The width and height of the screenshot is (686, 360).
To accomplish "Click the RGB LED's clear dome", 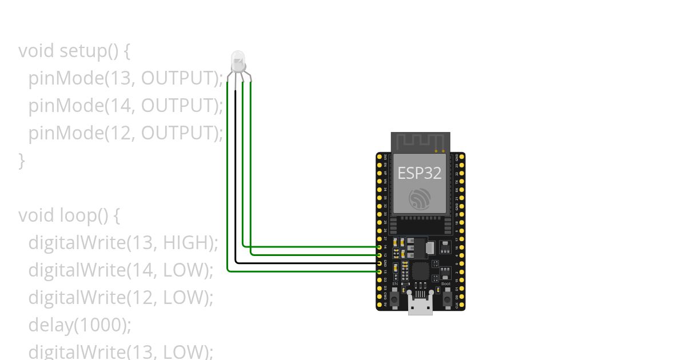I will coord(237,59).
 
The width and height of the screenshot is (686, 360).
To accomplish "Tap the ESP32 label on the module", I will coord(420,173).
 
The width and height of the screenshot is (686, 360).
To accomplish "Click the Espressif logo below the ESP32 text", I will coord(420,198).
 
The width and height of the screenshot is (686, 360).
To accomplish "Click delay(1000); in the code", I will coord(79,325).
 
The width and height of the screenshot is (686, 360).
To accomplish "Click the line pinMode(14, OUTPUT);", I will coord(125,106).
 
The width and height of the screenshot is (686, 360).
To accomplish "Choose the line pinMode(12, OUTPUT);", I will coord(125,133).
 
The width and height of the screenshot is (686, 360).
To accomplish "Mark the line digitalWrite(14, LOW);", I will coord(121,270).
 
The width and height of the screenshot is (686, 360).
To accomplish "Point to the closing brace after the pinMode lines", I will coord(22,161).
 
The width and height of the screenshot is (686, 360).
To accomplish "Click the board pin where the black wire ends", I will coord(380,263).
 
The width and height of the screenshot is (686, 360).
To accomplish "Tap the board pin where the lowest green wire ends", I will coord(380,271).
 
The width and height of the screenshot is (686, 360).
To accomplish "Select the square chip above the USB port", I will coord(420,271).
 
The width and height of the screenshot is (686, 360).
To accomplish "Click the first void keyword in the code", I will coord(37,51).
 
